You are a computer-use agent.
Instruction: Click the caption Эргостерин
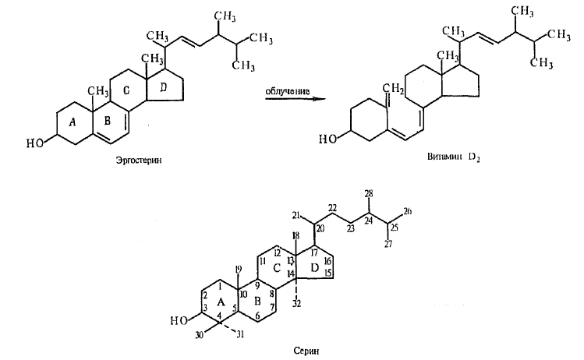pyautogui.click(x=140, y=161)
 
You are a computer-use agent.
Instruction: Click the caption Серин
pyautogui.click(x=306, y=351)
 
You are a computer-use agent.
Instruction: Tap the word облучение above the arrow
pyautogui.click(x=287, y=91)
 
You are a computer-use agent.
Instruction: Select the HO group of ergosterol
pyautogui.click(x=34, y=143)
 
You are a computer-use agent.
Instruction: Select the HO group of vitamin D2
pyautogui.click(x=327, y=139)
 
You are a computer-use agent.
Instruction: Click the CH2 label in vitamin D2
pyautogui.click(x=393, y=89)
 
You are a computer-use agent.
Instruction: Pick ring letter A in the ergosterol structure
pyautogui.click(x=73, y=122)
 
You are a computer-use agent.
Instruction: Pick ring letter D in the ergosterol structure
pyautogui.click(x=163, y=87)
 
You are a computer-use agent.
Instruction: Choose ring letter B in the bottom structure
pyautogui.click(x=257, y=302)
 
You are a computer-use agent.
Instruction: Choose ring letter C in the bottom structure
pyautogui.click(x=277, y=268)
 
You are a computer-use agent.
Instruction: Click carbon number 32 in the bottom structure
pyautogui.click(x=296, y=304)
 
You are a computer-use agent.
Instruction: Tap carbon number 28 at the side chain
pyautogui.click(x=369, y=193)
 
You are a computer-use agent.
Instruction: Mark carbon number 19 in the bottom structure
pyautogui.click(x=238, y=269)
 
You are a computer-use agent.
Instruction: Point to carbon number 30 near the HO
pyautogui.click(x=200, y=335)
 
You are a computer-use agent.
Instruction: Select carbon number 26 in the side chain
pyautogui.click(x=407, y=211)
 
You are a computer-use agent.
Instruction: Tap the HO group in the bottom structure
pyautogui.click(x=179, y=320)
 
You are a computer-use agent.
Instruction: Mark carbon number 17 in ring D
pyautogui.click(x=314, y=253)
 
